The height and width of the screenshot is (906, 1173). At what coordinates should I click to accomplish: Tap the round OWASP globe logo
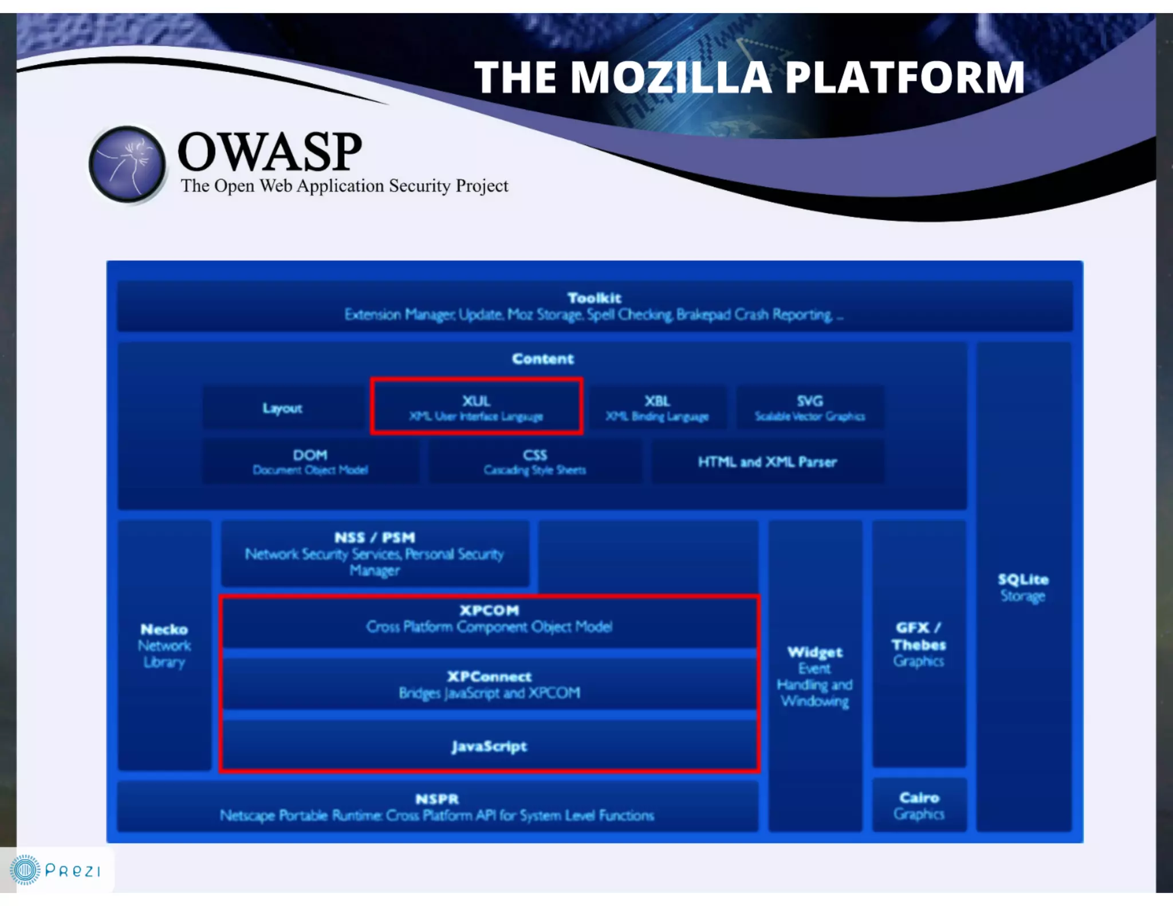127,164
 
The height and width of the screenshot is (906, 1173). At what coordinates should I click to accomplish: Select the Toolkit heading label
594,298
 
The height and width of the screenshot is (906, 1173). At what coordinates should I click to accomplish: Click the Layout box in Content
282,408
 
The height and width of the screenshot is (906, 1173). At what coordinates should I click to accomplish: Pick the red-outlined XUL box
477,407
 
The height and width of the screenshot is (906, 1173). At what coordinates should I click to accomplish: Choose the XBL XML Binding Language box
657,408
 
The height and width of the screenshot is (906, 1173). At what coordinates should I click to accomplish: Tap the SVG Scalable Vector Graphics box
809,408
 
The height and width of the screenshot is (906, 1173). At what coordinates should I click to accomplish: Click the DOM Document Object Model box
310,462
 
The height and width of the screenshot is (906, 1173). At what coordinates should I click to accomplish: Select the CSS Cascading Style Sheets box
534,462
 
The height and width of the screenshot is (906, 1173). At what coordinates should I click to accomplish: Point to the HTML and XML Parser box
767,462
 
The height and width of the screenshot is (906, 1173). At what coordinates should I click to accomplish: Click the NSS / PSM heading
375,538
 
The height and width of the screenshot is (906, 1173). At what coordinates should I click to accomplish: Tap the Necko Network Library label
164,645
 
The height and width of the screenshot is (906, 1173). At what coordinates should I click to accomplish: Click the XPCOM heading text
489,610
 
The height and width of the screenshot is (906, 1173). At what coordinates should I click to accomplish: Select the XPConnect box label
489,684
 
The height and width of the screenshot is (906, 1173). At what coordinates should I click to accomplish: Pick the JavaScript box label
489,746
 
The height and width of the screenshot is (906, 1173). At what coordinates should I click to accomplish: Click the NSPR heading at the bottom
437,799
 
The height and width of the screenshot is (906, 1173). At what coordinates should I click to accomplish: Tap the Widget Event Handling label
814,676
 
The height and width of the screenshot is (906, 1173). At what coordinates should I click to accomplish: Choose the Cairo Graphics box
919,805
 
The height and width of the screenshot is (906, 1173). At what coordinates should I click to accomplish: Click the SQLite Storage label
1023,587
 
